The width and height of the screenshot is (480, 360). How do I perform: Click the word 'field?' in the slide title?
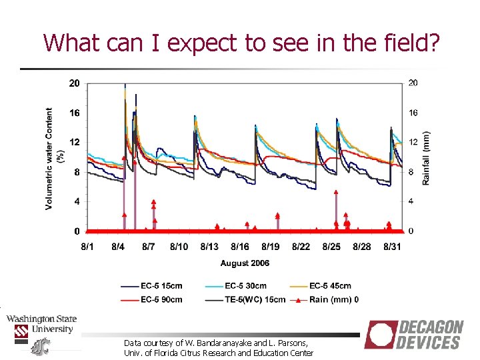pyautogui.click(x=408, y=43)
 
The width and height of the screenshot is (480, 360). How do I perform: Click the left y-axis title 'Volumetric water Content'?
pyautogui.click(x=50, y=158)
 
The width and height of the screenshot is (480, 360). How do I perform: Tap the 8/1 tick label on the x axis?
pyautogui.click(x=87, y=247)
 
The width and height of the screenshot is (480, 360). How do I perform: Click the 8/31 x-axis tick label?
pyautogui.click(x=392, y=247)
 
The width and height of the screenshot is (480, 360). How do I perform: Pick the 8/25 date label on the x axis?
pyautogui.click(x=331, y=247)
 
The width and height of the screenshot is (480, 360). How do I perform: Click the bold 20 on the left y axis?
pyautogui.click(x=75, y=83)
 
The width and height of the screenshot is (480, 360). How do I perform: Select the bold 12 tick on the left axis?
pyautogui.click(x=75, y=143)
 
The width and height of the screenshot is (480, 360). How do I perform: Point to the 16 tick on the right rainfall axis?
pyautogui.click(x=413, y=113)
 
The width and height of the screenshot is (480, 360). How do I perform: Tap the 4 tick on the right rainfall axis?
pyautogui.click(x=411, y=201)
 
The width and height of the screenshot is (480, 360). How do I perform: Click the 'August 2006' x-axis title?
pyautogui.click(x=245, y=263)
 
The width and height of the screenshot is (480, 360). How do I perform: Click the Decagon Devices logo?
pyautogui.click(x=414, y=335)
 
